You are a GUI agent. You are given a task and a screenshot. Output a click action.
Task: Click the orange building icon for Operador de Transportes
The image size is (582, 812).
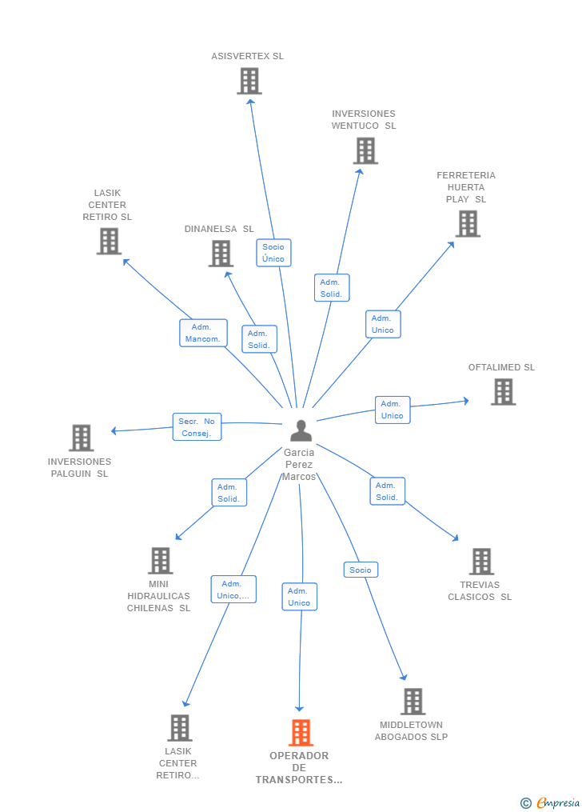301,732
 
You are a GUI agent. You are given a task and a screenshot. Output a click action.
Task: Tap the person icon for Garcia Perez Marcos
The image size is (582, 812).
301,430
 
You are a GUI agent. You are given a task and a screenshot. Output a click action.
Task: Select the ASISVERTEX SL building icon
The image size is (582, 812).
249,82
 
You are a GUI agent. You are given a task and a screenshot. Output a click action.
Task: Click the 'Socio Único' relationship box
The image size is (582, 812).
273,253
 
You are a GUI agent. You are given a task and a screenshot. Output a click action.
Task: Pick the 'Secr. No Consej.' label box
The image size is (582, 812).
197,426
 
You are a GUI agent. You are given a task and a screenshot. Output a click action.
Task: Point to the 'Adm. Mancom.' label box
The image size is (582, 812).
203,333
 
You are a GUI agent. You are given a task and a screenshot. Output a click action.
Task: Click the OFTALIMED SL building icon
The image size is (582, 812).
504,391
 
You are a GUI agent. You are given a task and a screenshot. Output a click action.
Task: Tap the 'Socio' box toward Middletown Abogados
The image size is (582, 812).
361,570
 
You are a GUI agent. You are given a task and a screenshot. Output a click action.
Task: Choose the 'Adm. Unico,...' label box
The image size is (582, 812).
233,590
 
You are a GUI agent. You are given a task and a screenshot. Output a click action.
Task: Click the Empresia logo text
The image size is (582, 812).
558,802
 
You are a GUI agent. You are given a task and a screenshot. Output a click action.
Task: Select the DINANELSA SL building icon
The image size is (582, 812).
221,254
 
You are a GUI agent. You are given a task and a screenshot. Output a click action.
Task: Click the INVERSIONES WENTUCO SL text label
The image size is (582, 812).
364,120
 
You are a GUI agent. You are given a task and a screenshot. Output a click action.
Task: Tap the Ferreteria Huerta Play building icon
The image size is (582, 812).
468,224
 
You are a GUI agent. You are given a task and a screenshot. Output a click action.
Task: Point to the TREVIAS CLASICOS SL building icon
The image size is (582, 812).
481,562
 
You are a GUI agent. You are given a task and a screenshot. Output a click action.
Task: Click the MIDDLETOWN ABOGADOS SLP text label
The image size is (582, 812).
411,730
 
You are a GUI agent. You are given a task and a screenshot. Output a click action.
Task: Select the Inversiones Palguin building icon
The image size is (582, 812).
82,438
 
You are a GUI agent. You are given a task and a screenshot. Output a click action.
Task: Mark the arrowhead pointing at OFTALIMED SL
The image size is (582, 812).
466,400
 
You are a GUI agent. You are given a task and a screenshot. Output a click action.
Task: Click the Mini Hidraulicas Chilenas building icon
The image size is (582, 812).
161,560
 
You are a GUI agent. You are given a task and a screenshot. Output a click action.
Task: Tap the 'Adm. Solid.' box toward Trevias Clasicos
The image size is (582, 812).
387,491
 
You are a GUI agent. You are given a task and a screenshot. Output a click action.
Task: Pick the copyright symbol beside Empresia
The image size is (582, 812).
525,803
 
